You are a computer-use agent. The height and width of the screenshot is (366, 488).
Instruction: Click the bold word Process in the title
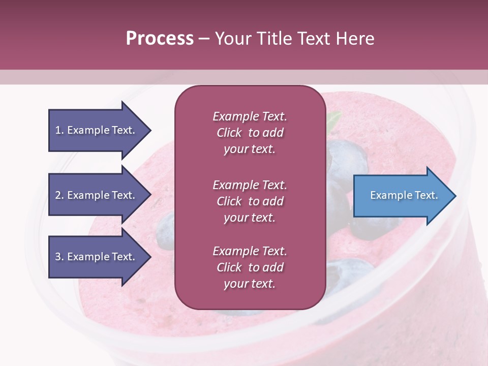tap(160, 39)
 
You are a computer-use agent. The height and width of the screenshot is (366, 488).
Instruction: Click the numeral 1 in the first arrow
tap(58, 131)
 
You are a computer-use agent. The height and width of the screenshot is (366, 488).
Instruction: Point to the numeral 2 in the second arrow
tap(58, 196)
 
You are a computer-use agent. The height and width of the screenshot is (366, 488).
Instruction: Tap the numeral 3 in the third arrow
tap(58, 257)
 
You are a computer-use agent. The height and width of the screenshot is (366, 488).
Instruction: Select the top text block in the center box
tap(250, 133)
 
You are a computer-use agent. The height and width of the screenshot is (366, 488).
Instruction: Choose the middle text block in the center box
tap(250, 201)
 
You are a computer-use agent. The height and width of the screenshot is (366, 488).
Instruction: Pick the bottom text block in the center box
tap(250, 267)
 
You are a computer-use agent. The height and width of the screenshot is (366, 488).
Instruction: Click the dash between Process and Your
tap(204, 39)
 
